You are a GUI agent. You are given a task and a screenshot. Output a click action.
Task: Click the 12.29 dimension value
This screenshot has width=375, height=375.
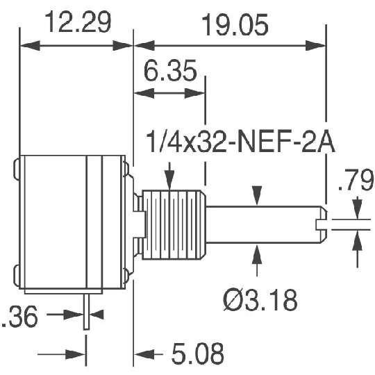pyautogui.click(x=78, y=22)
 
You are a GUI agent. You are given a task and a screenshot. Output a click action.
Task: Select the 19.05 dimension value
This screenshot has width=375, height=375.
pyautogui.click(x=235, y=25)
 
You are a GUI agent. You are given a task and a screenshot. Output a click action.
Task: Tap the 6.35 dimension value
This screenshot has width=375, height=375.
pyautogui.click(x=170, y=70)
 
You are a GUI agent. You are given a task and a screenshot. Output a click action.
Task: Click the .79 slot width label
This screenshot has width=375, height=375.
pyautogui.click(x=356, y=179)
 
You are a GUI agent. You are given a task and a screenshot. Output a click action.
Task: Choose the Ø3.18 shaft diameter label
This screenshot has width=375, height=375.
pyautogui.click(x=260, y=300)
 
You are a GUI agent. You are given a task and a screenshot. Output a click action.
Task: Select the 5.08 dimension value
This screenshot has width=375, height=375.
pyautogui.click(x=197, y=353)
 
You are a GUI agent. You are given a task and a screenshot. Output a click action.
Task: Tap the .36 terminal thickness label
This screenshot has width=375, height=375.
pyautogui.click(x=19, y=317)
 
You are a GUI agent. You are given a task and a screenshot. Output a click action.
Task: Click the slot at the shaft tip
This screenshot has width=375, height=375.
pyautogui.click(x=322, y=224)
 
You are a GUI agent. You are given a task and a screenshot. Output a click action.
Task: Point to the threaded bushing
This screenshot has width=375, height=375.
pyautogui.click(x=174, y=225)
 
